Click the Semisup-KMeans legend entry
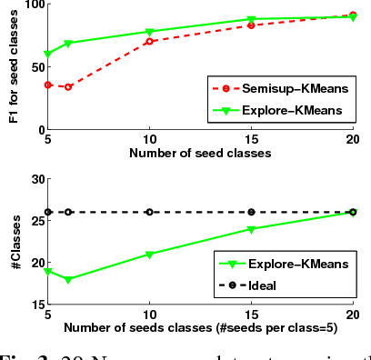pyautogui.click(x=289, y=88)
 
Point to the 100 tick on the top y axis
pyautogui.click(x=32, y=5)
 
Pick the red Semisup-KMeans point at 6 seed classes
pyautogui.click(x=68, y=86)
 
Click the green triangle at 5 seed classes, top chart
pyautogui.click(x=48, y=55)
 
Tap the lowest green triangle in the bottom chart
pyautogui.click(x=68, y=279)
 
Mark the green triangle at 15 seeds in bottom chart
pyautogui.click(x=252, y=229)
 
